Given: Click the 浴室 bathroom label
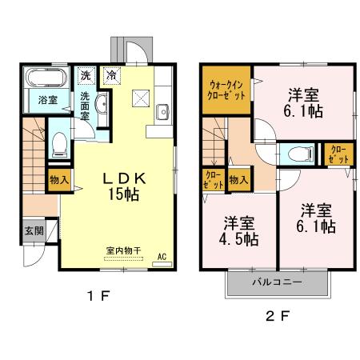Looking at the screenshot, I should [47, 100].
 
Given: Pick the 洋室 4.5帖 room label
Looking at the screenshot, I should [238, 230].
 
